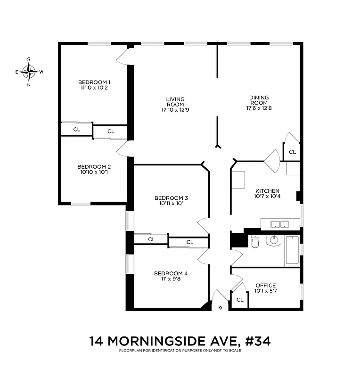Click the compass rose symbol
[x=29, y=72]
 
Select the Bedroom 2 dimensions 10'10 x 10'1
[x=94, y=172]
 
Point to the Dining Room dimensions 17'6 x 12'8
[x=259, y=108]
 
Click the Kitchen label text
[x=267, y=190]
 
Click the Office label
[x=265, y=285]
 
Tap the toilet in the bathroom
[x=255, y=242]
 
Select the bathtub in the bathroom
[x=292, y=250]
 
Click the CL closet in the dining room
[x=292, y=152]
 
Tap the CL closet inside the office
[x=239, y=300]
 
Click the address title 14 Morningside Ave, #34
[x=180, y=341]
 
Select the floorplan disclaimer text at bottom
[x=180, y=351]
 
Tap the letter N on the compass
[x=29, y=85]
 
